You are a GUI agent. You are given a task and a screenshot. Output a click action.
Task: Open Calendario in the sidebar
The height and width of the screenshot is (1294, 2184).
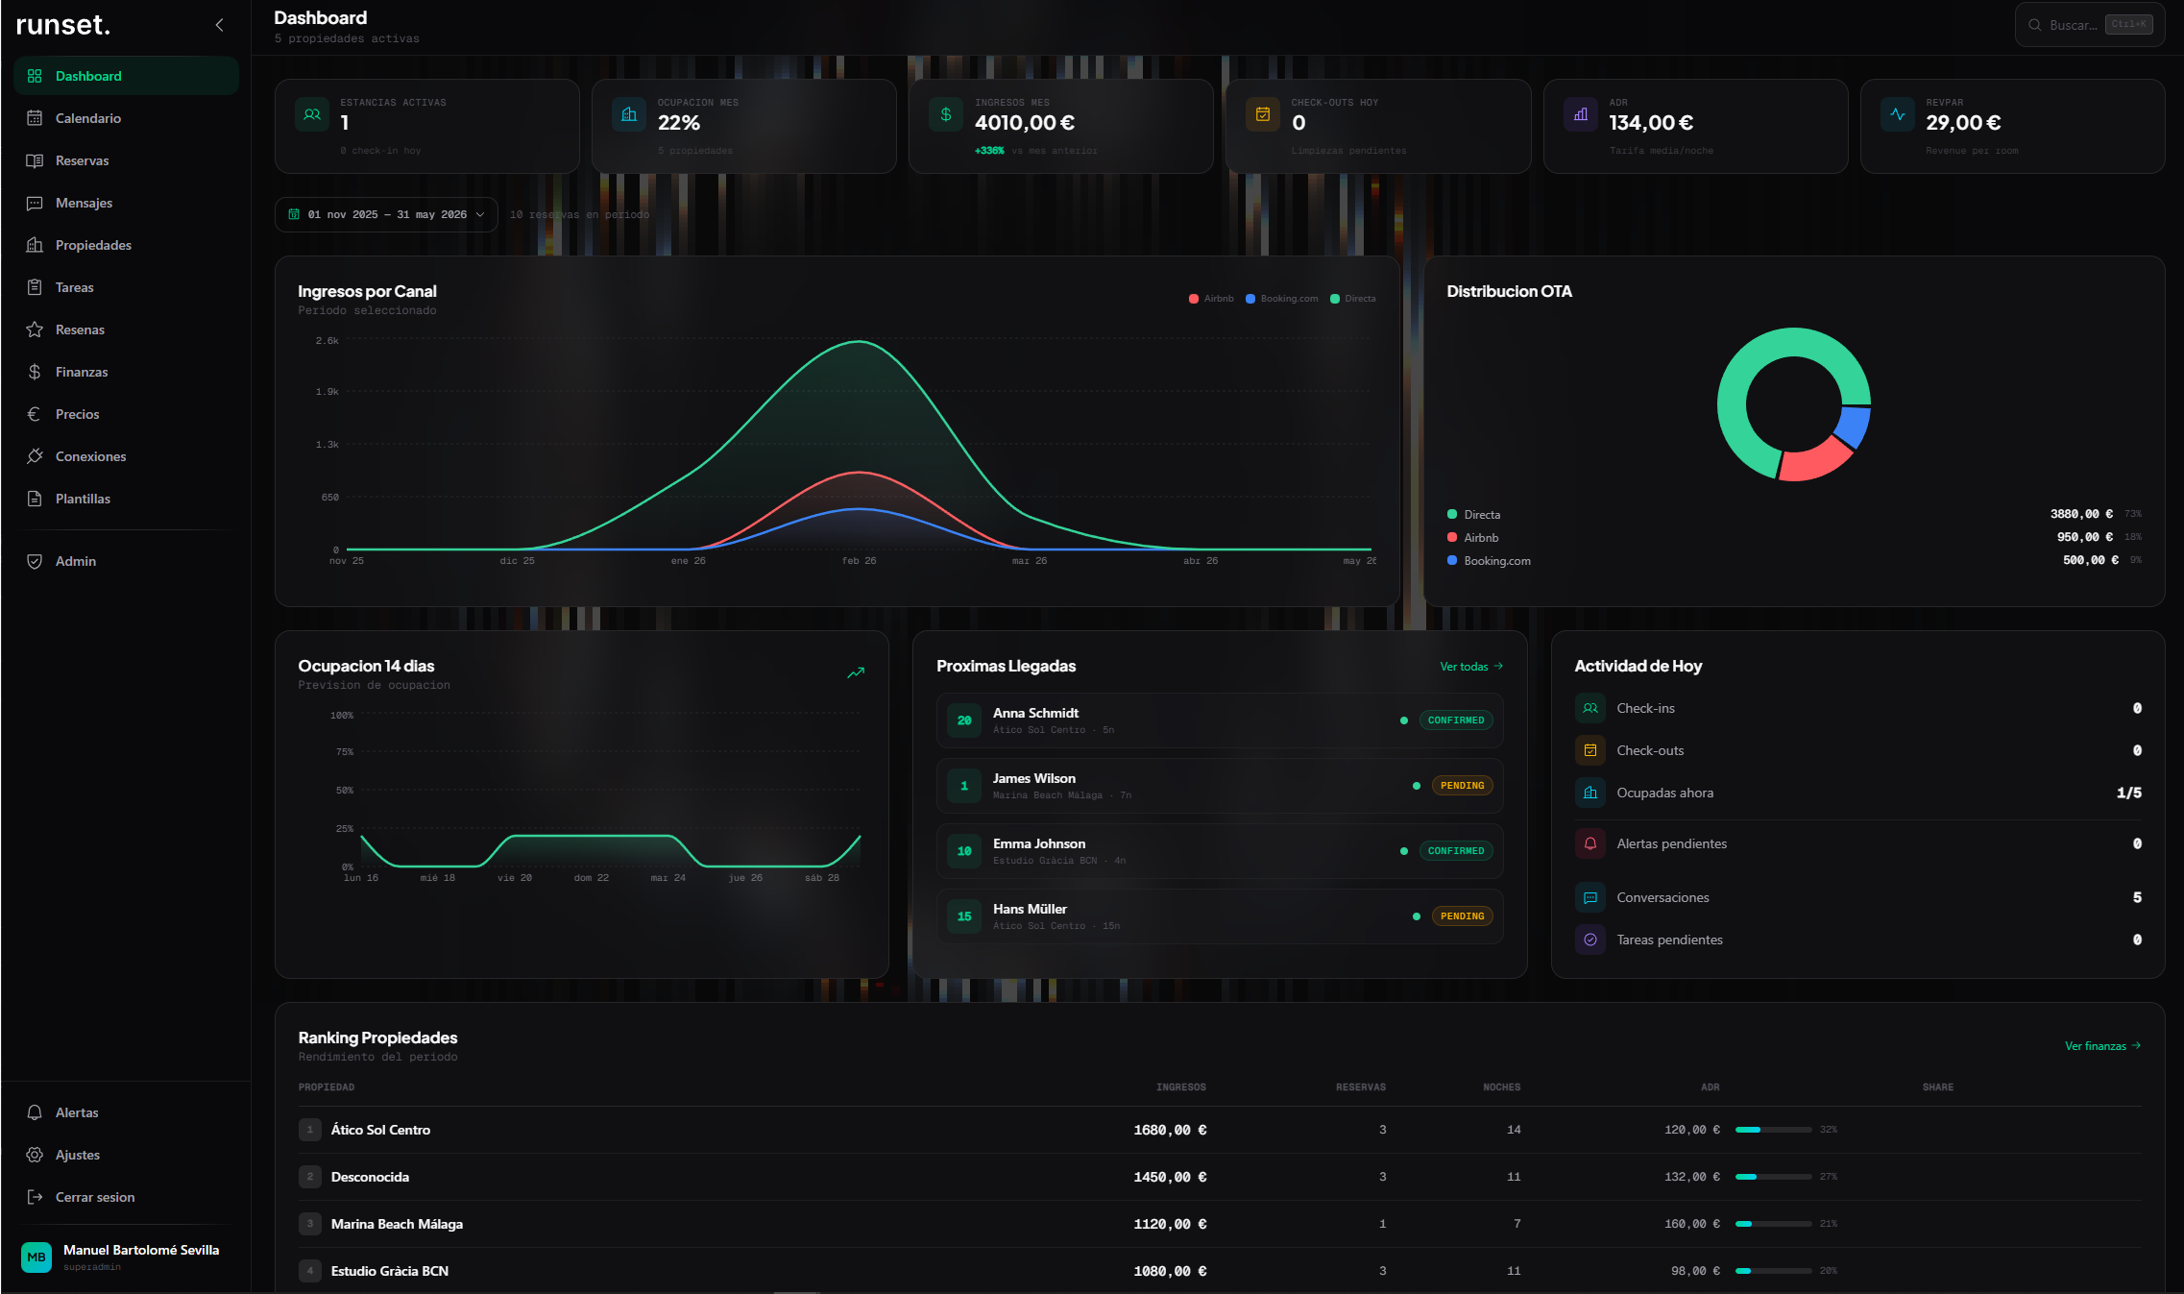(87, 118)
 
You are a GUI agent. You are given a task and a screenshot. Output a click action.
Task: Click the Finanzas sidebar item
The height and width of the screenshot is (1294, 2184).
(81, 372)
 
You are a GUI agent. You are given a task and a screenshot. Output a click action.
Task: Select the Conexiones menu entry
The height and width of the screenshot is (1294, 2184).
(90, 456)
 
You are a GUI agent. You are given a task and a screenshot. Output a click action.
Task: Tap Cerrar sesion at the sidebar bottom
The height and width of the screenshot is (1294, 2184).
(94, 1197)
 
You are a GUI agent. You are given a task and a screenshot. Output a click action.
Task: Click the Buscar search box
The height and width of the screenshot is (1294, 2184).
(2073, 25)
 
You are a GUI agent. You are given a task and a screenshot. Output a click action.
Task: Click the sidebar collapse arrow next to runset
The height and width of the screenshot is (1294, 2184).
(219, 25)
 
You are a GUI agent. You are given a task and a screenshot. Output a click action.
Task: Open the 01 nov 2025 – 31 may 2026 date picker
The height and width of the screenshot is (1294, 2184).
(386, 214)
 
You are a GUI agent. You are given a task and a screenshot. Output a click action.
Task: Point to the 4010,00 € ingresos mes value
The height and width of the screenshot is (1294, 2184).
(1024, 123)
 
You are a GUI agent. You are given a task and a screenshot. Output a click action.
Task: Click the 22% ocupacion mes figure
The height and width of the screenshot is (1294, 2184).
(678, 123)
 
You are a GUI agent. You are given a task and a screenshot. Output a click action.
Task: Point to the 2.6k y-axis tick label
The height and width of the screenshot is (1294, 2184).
(327, 341)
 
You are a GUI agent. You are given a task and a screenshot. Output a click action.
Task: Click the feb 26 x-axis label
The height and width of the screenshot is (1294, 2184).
(859, 561)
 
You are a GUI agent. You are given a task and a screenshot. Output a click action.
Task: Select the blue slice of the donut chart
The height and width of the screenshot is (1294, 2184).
(1855, 427)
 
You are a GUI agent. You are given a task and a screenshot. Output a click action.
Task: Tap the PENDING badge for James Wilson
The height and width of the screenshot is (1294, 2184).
(1462, 786)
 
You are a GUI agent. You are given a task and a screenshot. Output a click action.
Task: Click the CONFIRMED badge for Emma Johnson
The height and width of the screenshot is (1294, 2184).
(1455, 851)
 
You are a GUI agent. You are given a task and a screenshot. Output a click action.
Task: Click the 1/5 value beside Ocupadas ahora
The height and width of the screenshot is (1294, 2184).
(2128, 793)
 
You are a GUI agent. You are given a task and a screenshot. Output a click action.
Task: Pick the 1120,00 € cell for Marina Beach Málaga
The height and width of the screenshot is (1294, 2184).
(1169, 1224)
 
